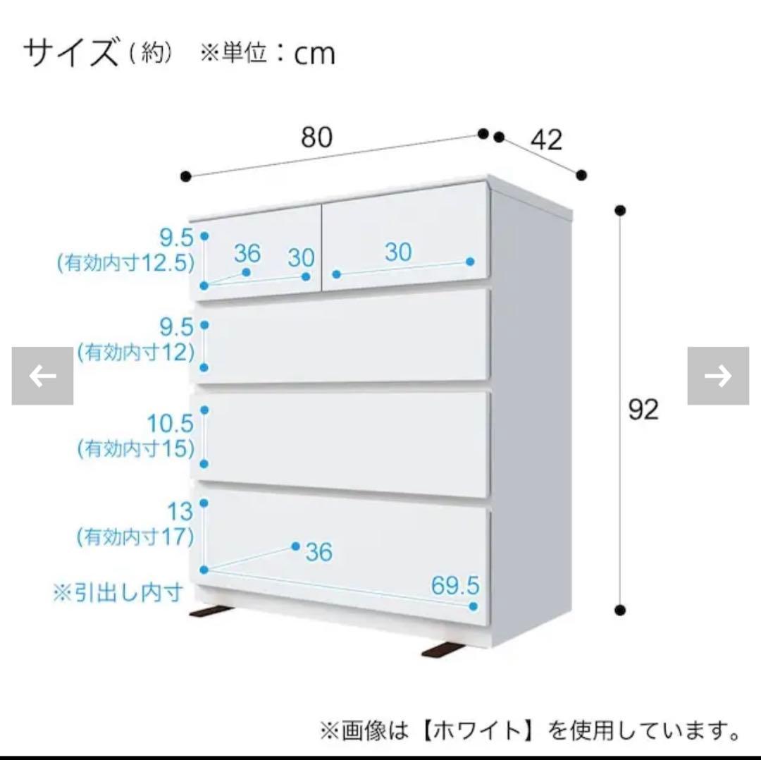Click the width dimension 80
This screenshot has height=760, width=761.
click(x=316, y=137)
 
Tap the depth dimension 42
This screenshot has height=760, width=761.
click(x=546, y=140)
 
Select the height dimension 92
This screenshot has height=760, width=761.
click(x=643, y=410)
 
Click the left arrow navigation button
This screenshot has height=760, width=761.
click(x=42, y=376)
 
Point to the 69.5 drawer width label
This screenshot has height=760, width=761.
click(x=455, y=584)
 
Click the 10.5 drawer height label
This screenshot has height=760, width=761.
click(x=170, y=423)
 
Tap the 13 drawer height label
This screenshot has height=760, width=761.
click(x=180, y=511)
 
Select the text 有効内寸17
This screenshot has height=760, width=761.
click(x=135, y=537)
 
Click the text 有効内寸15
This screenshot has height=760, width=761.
click(x=135, y=448)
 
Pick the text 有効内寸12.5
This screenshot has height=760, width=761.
click(x=125, y=264)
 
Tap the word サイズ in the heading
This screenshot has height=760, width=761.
click(x=71, y=54)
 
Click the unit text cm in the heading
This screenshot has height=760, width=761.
click(x=314, y=54)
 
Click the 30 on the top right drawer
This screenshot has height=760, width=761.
click(x=398, y=252)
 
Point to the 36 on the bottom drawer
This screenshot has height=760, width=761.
click(x=318, y=552)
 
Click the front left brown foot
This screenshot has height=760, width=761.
click(x=213, y=611)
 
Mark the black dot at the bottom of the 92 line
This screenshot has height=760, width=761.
click(x=620, y=610)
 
